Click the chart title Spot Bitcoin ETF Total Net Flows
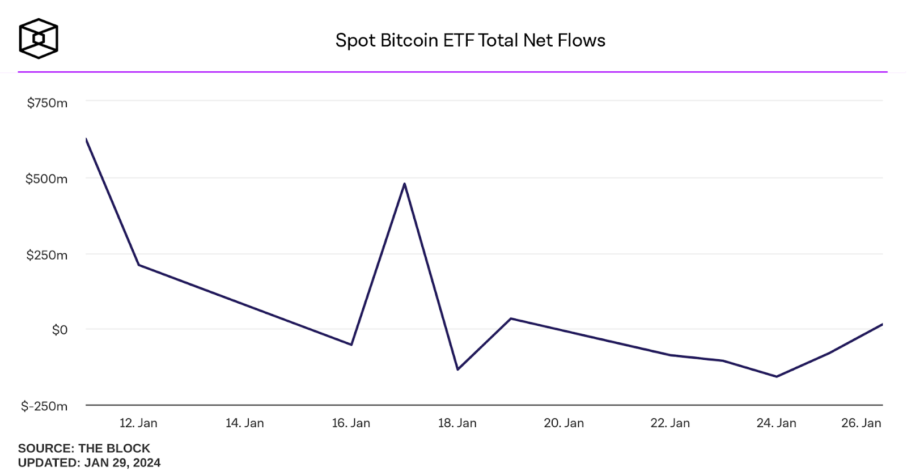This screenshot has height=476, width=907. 470,40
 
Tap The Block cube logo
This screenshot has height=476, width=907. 39,39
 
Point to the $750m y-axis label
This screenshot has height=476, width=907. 47,103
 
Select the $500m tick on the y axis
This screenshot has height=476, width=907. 46,179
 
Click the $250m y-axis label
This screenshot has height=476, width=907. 46,255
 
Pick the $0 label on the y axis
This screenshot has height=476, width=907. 60,330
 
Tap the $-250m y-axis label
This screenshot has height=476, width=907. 44,406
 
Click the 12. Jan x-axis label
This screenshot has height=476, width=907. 138,423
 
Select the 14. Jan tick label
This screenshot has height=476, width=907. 245,423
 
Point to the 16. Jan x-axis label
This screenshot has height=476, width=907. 351,423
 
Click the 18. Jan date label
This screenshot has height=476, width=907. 457,423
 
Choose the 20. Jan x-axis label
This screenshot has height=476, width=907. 563,423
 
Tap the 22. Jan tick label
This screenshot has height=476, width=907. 670,423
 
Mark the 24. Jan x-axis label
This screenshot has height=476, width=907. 776,423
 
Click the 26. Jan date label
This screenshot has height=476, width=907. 861,423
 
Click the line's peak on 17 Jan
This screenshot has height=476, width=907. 404,184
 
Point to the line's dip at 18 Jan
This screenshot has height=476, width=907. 457,369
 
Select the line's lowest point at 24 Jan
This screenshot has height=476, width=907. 776,376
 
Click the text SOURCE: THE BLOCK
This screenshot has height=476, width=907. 84,448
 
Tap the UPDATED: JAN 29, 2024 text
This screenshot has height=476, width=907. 89,463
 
